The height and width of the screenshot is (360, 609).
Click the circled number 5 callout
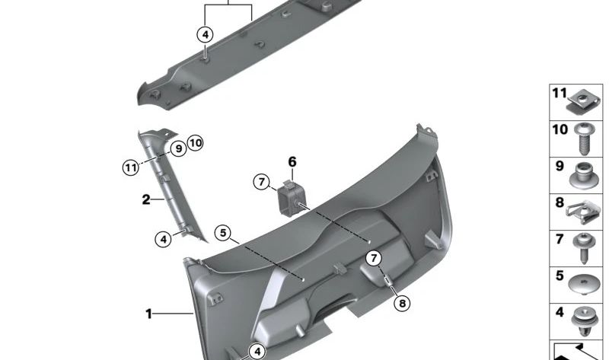tap(222, 233)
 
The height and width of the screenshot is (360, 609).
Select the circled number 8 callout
tap(402, 303)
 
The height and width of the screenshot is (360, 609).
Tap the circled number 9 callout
tap(177, 148)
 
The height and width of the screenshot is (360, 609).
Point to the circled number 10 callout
tap(195, 142)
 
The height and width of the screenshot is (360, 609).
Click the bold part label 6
tap(292, 161)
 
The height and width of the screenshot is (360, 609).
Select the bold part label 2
tap(145, 200)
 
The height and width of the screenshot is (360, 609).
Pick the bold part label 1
tap(149, 313)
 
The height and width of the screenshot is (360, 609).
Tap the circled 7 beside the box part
tap(261, 182)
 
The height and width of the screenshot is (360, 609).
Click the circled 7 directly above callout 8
tap(374, 259)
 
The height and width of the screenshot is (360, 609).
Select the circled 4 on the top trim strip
tap(206, 34)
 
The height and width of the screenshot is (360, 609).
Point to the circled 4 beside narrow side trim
tap(163, 239)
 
